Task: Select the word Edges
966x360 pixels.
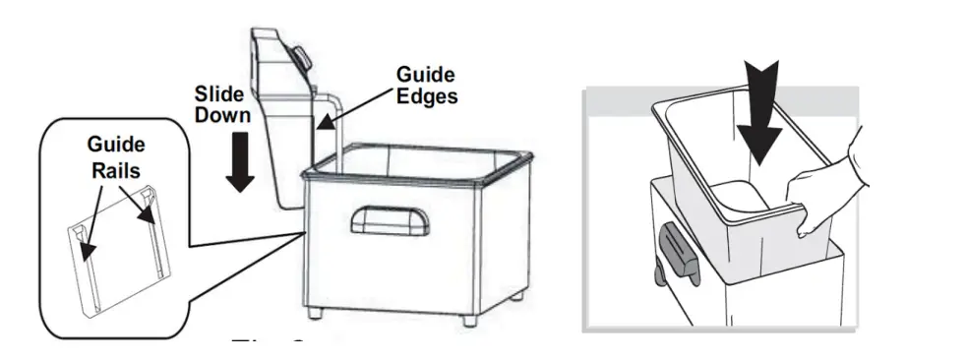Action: point(426,95)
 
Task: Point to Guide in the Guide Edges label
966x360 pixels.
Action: point(424,75)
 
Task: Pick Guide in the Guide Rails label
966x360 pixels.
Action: point(116,146)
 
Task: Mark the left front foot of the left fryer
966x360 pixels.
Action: point(313,315)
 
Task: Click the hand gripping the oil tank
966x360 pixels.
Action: point(826,193)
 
